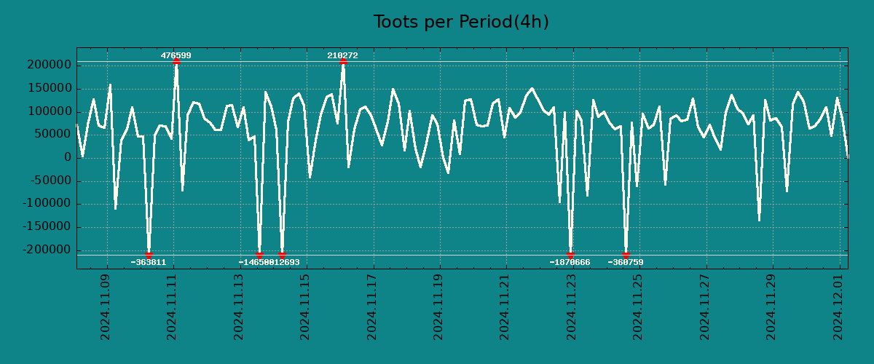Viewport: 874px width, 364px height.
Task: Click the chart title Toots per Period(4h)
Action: click(x=461, y=22)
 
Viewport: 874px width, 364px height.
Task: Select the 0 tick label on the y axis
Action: click(x=68, y=157)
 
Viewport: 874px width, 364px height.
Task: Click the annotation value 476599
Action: click(x=176, y=55)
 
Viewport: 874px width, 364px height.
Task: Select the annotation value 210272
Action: click(x=342, y=55)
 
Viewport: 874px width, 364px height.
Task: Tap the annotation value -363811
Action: click(x=149, y=262)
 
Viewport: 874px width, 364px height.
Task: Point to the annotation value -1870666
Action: click(x=570, y=262)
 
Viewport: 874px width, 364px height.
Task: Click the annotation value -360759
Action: click(x=626, y=262)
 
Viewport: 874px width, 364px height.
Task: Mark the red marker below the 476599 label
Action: click(x=176, y=62)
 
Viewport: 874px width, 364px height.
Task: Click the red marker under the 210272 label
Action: click(x=343, y=62)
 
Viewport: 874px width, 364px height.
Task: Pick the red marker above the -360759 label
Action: click(x=626, y=255)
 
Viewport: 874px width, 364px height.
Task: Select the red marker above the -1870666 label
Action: click(x=570, y=255)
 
